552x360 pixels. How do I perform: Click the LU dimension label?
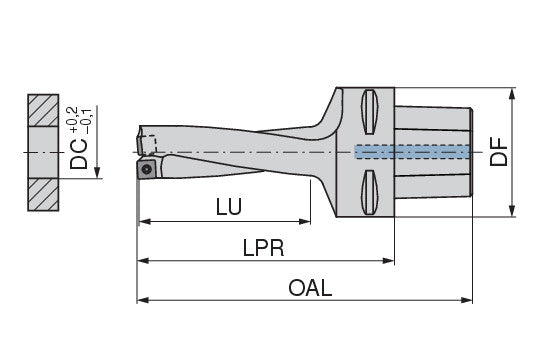click(229, 207)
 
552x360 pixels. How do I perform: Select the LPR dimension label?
click(263, 248)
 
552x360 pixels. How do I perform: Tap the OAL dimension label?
click(310, 288)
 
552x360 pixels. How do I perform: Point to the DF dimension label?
click(499, 152)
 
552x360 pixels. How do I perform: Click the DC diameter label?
click(79, 154)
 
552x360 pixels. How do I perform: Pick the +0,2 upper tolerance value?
click(72, 120)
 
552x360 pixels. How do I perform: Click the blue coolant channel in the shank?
click(412, 152)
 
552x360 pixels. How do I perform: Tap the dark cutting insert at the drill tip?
click(146, 169)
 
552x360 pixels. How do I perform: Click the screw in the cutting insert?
click(148, 170)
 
